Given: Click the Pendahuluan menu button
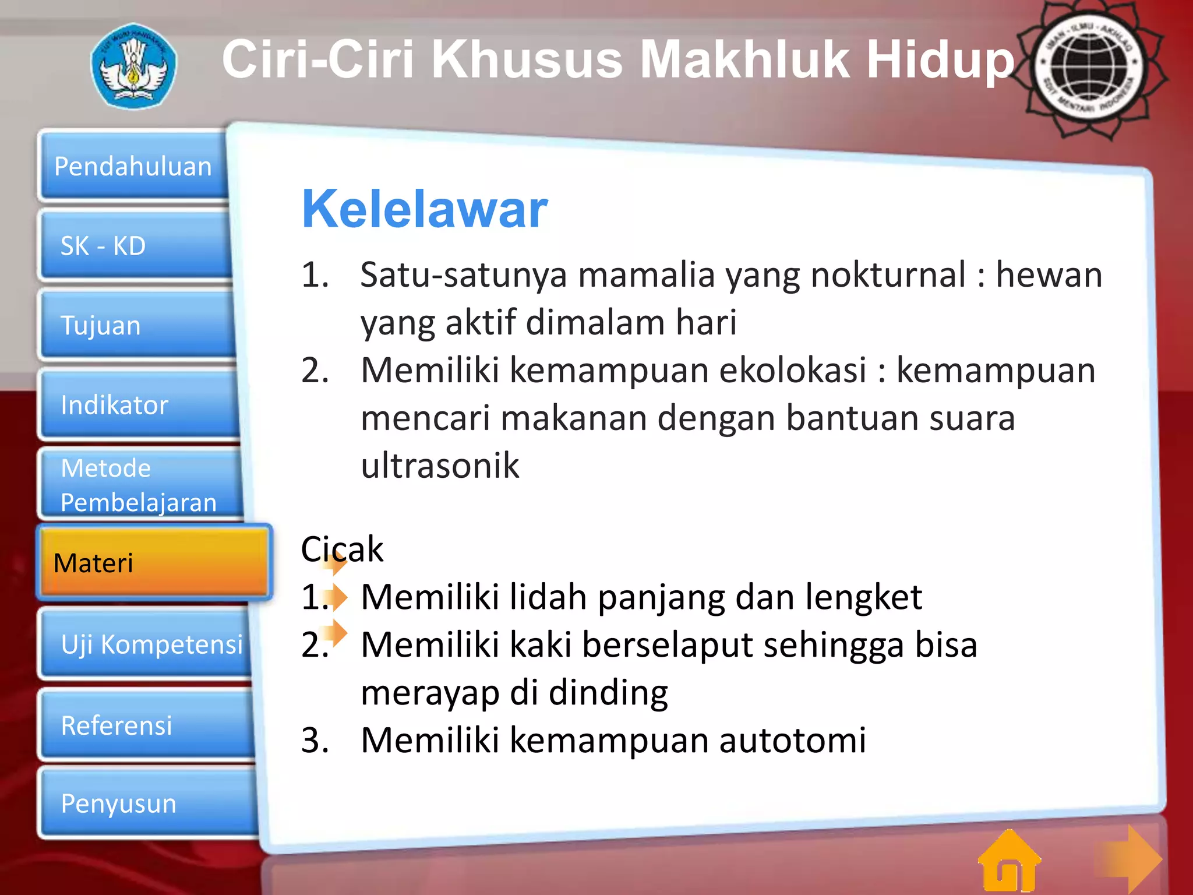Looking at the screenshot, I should [133, 166].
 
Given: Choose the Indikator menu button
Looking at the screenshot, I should [140, 404].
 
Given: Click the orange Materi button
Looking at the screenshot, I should [153, 563].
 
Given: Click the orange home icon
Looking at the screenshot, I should [1009, 862].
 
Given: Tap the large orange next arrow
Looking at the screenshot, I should [1130, 859].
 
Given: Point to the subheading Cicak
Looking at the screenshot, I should [342, 549].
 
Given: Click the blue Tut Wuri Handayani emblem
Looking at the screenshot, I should [133, 66].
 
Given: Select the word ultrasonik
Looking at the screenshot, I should [440, 466].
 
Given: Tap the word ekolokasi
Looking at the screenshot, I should [793, 370].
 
